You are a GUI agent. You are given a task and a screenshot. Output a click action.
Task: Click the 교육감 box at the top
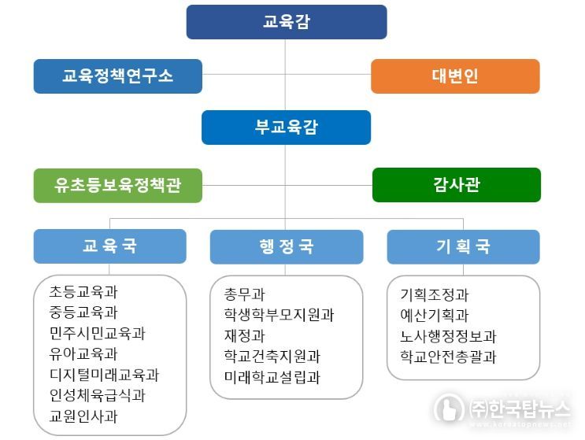(287, 22)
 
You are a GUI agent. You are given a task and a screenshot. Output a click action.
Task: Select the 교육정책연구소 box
(118, 76)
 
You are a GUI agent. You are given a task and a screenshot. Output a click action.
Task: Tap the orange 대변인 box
(455, 76)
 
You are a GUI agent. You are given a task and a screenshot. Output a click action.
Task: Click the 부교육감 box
(286, 128)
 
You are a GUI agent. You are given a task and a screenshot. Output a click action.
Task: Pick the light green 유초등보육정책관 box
(118, 185)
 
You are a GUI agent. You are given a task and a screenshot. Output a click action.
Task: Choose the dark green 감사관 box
(457, 185)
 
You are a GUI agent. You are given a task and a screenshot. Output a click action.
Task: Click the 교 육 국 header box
(109, 246)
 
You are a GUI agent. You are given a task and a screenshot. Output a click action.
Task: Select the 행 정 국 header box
(287, 247)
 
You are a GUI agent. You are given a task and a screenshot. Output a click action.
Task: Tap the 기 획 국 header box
(464, 247)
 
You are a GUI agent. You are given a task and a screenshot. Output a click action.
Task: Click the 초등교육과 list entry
(83, 291)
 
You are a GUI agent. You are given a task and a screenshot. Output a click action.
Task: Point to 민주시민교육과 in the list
(97, 333)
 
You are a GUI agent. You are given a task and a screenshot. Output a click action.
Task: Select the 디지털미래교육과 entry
(104, 375)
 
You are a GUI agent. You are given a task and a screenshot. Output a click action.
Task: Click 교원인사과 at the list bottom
(83, 416)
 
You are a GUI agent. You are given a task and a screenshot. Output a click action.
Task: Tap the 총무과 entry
(244, 294)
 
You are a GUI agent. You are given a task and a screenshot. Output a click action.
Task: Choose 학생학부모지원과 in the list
(279, 315)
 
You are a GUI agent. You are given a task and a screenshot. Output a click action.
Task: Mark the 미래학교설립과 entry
(272, 377)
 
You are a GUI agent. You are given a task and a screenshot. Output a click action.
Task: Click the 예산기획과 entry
(435, 315)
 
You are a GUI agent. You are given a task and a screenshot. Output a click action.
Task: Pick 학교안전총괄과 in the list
(448, 357)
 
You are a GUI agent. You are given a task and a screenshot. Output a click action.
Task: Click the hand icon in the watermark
(449, 408)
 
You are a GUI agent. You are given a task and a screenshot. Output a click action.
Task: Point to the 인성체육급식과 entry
(97, 395)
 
